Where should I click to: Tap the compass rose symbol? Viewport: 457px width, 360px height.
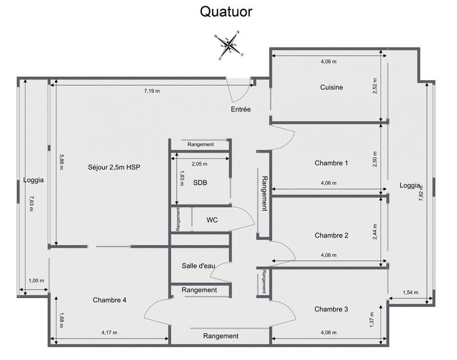click(x=229, y=45)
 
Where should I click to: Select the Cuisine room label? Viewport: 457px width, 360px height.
click(x=331, y=88)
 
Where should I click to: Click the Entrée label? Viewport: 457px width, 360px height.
click(x=241, y=109)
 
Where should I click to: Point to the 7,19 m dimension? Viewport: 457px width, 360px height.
click(x=151, y=91)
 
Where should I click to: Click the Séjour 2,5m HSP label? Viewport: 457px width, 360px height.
click(x=114, y=167)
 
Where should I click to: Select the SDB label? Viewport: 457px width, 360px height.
click(x=200, y=183)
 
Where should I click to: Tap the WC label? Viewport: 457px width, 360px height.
click(x=212, y=220)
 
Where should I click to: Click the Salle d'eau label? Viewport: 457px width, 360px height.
click(x=198, y=266)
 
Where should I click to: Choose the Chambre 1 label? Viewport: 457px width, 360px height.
click(x=331, y=163)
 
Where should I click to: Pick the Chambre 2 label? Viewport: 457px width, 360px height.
click(x=331, y=235)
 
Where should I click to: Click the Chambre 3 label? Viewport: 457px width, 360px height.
click(x=331, y=309)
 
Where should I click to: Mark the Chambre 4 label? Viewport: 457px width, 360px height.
click(x=109, y=300)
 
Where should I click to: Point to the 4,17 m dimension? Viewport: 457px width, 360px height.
click(x=110, y=332)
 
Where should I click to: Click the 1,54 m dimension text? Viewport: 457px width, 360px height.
click(x=410, y=292)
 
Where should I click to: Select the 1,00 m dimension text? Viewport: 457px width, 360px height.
click(x=36, y=280)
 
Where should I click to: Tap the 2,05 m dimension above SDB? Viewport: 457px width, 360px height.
click(x=199, y=163)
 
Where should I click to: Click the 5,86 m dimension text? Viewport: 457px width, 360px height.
click(x=61, y=162)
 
